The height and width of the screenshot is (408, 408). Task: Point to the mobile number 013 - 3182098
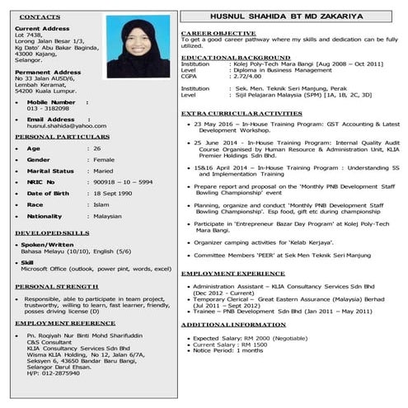click(x=48, y=108)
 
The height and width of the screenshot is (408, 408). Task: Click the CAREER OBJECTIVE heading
click(x=217, y=32)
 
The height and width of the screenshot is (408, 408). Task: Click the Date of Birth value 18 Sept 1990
click(x=115, y=192)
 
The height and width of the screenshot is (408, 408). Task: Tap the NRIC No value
click(x=123, y=181)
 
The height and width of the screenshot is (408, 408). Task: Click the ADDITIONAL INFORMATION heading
click(x=233, y=324)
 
